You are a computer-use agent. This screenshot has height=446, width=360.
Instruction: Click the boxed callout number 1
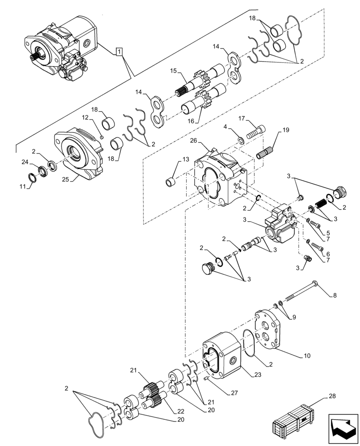119,52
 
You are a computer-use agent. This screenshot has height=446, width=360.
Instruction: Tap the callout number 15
174,71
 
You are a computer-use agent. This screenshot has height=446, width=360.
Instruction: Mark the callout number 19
286,131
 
